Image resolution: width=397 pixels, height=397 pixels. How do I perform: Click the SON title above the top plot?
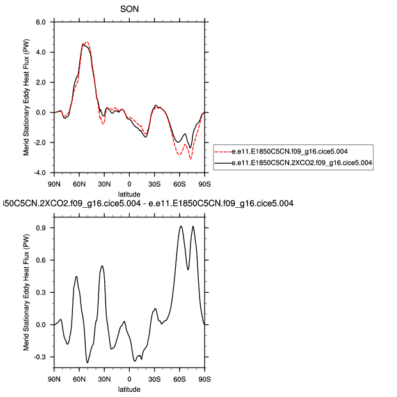click(x=129, y=9)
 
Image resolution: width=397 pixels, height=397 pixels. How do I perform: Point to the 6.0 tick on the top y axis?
click(x=40, y=22)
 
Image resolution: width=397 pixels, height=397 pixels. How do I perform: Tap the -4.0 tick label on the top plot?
click(x=39, y=173)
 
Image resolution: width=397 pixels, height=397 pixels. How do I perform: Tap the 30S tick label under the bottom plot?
click(x=154, y=379)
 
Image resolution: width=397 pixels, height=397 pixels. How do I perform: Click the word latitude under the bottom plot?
click(x=129, y=389)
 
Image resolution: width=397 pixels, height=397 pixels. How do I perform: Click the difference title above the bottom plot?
click(x=147, y=204)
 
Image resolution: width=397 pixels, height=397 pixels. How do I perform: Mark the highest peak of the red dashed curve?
click(x=86, y=42)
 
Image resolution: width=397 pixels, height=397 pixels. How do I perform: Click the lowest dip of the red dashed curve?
click(x=191, y=159)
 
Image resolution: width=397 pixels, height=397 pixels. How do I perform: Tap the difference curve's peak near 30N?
click(x=102, y=265)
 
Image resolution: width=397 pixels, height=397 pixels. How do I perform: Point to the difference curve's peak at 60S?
click(x=181, y=226)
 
